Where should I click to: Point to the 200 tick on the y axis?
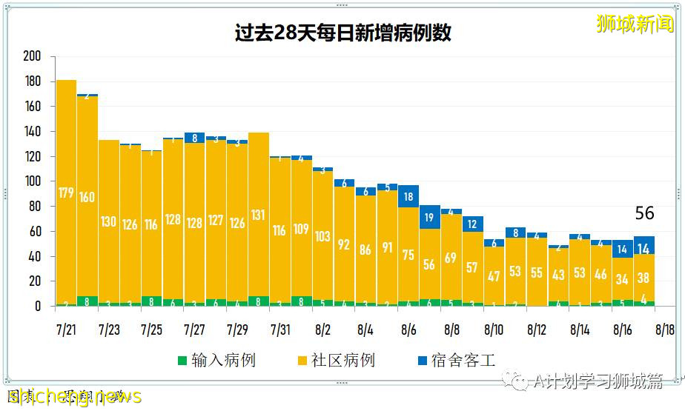(x=32, y=57)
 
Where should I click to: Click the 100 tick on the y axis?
(x=32, y=181)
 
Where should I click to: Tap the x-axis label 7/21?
(x=66, y=327)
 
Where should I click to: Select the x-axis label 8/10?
(x=494, y=327)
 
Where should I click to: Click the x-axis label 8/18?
(x=665, y=327)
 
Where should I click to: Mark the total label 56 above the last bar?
(x=644, y=213)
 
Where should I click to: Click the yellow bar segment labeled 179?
(x=66, y=193)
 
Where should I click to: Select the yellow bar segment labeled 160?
(x=87, y=196)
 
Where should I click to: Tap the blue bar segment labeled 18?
(x=408, y=196)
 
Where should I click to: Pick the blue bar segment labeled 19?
(x=430, y=217)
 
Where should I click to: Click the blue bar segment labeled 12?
(x=473, y=224)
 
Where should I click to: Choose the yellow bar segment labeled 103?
(x=323, y=235)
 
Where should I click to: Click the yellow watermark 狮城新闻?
(x=635, y=24)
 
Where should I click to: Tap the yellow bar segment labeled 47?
(x=494, y=275)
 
